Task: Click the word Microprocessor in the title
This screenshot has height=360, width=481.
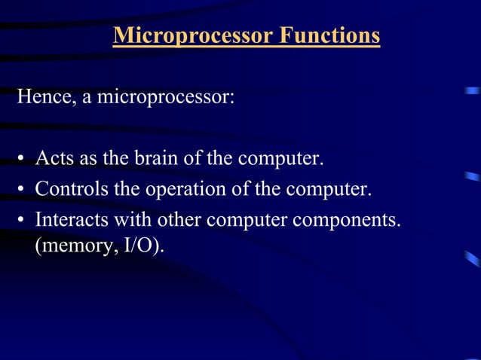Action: [x=192, y=36]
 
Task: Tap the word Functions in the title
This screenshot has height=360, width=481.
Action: [x=329, y=36]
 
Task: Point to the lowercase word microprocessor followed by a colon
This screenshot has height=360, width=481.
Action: [x=163, y=99]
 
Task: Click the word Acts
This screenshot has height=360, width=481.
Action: [x=52, y=160]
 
